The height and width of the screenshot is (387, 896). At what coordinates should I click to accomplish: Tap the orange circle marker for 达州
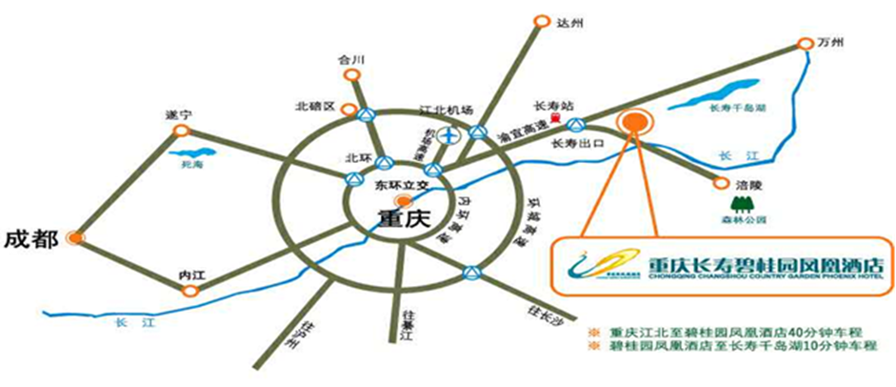pos(542,19)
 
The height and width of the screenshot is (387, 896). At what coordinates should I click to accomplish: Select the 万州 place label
pos(832,43)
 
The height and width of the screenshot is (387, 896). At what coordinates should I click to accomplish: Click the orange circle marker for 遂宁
pos(181,132)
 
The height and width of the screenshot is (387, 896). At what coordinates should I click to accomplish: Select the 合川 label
pos(352,59)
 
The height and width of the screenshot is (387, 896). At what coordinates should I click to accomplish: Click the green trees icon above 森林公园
pos(742,203)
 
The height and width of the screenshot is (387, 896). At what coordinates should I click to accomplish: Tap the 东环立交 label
pos(398,184)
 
